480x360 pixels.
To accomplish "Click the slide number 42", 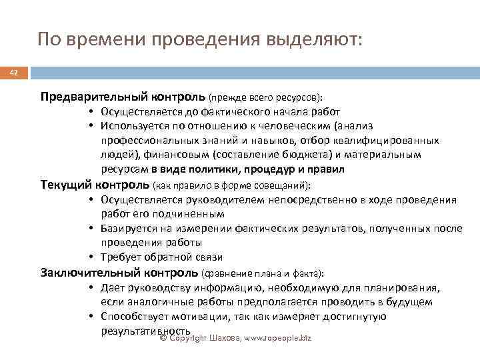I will click(x=11, y=73).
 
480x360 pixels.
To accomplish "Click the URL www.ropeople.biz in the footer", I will click(x=277, y=339).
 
